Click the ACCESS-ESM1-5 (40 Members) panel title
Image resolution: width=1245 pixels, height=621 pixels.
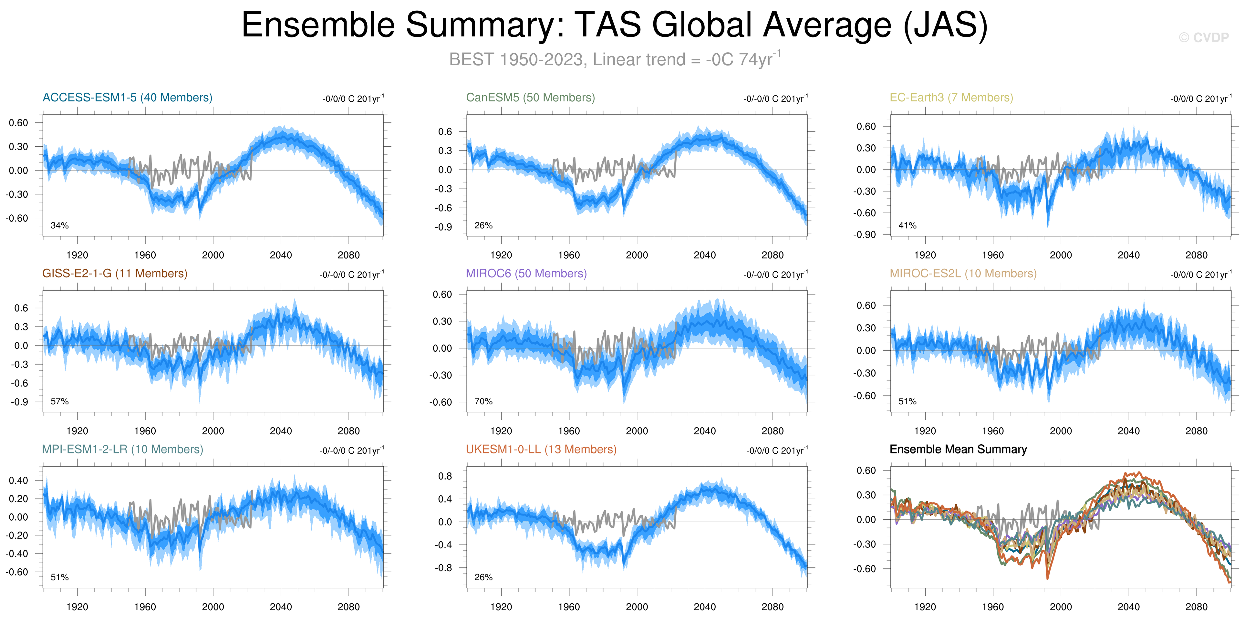[x=127, y=98]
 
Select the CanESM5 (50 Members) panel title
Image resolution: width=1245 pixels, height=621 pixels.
[x=530, y=98]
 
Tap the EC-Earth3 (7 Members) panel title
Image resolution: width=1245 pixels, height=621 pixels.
[x=951, y=98]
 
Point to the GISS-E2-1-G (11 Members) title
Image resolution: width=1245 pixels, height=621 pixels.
[x=115, y=274]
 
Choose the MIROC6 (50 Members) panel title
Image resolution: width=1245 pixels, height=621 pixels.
[x=526, y=274]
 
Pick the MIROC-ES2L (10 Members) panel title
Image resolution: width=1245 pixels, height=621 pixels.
[x=963, y=274]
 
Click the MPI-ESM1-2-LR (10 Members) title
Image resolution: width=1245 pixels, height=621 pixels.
[x=122, y=450]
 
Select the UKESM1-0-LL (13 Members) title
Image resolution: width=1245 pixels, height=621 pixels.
[x=541, y=450]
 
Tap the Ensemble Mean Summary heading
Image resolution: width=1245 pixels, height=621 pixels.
[x=958, y=450]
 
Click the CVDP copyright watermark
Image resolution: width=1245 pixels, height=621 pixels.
[x=1203, y=38]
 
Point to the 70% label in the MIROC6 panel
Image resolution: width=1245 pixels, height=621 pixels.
[x=483, y=402]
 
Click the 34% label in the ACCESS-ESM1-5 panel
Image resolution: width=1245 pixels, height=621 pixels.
[x=59, y=226]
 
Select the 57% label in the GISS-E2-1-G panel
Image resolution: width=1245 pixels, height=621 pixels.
[x=59, y=402]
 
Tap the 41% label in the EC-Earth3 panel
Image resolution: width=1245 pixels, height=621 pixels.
[x=907, y=226]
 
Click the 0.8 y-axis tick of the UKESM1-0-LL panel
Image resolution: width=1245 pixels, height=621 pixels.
[x=445, y=476]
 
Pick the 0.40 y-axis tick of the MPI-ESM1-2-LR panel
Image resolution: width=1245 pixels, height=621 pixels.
[x=18, y=481]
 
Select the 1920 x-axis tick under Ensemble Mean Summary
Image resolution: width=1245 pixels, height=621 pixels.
[x=925, y=607]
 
